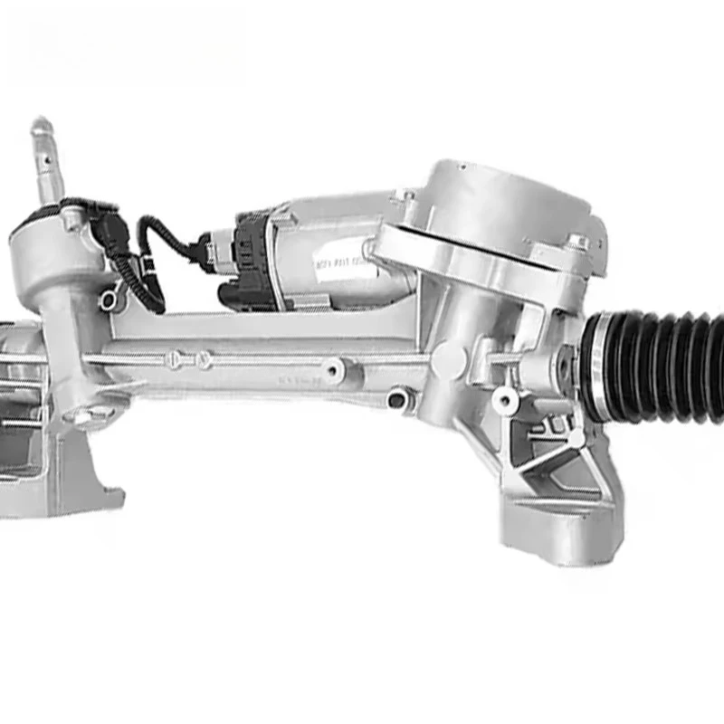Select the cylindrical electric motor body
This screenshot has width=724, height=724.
click(335, 249)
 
